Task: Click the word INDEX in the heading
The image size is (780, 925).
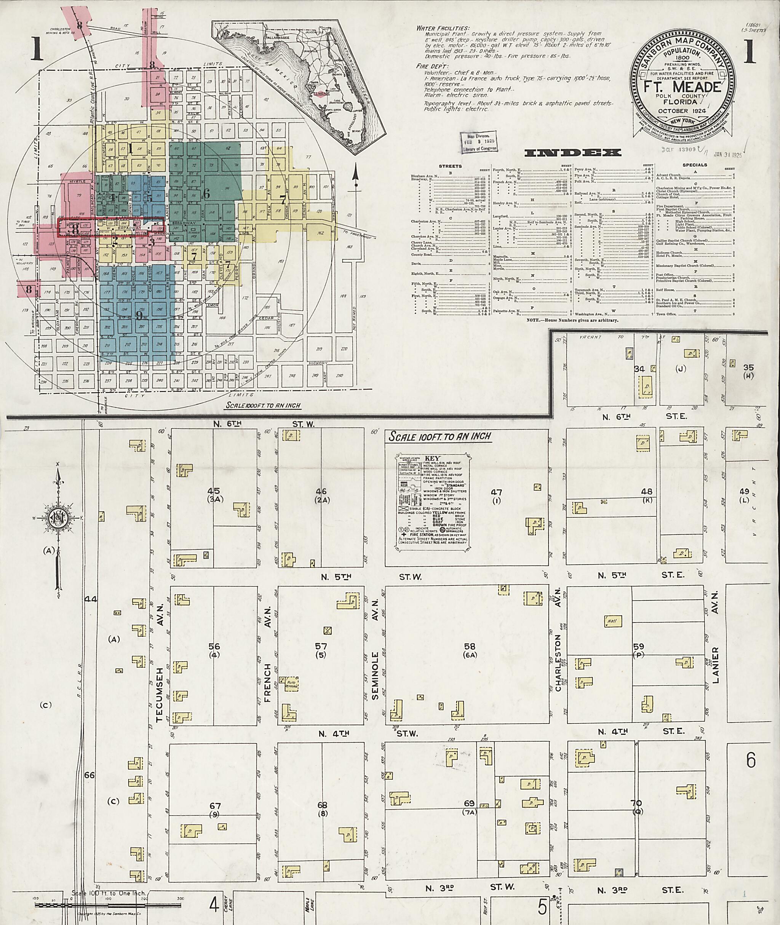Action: pos(572,153)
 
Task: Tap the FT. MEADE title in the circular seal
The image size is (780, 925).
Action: pos(684,87)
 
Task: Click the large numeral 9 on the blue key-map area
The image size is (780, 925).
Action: pos(139,315)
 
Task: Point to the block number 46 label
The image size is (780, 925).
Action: pos(321,491)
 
